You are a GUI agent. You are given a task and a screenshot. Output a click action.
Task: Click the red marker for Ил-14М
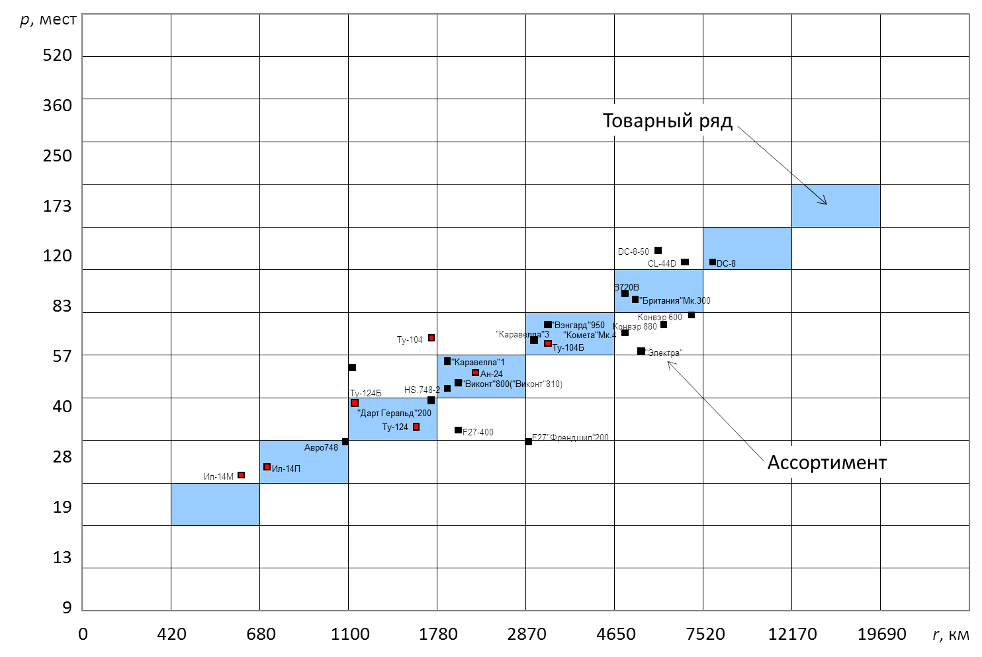click(242, 475)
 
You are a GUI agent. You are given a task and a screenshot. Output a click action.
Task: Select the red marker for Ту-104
click(431, 338)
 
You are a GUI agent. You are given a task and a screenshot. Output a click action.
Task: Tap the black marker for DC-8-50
click(658, 251)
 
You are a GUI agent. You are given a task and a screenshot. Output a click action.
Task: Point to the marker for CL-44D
click(685, 262)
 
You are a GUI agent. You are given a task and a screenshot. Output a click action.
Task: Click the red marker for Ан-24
click(475, 372)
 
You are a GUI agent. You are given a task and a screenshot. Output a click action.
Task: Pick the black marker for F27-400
click(458, 430)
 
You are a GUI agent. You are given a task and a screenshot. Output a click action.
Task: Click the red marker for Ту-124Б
click(355, 403)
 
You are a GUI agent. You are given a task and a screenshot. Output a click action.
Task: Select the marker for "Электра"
click(641, 351)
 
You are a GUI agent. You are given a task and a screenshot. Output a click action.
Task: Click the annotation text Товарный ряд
click(667, 121)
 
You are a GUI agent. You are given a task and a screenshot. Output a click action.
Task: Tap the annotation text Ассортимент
click(826, 462)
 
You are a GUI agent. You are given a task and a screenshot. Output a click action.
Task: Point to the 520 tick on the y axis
click(58, 56)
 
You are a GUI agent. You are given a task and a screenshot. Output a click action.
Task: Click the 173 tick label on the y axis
click(58, 206)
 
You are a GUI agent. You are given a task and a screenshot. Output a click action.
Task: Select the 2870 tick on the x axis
click(527, 634)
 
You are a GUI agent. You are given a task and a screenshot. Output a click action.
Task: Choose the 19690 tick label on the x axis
click(881, 634)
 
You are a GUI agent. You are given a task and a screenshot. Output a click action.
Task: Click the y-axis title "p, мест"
click(48, 19)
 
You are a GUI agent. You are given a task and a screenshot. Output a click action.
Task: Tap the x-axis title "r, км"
click(950, 635)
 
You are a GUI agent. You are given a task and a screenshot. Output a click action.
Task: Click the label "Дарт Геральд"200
click(394, 414)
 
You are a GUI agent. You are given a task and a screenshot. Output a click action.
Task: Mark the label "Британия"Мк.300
click(675, 300)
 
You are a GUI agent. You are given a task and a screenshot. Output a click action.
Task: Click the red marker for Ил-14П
click(267, 467)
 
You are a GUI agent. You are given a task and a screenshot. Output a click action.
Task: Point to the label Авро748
click(321, 448)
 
